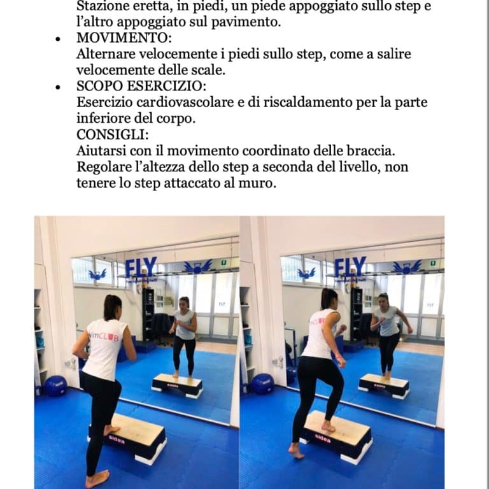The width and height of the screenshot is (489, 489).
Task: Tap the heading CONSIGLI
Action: point(111,134)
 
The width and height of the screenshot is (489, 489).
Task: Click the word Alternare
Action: point(106,54)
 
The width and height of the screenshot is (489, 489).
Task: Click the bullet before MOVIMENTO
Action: point(58,39)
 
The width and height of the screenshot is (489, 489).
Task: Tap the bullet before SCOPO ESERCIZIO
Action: point(58,87)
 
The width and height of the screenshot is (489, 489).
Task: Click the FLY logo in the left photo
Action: point(141,267)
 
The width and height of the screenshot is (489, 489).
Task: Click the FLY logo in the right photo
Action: point(350,267)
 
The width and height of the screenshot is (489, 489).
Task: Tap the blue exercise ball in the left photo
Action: point(55,386)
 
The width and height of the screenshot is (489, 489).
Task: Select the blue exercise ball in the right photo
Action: point(262,383)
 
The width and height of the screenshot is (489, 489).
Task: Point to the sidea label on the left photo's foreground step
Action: point(117,440)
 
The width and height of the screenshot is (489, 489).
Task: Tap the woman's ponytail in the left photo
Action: point(111,307)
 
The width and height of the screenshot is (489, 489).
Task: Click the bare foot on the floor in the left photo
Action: point(97,479)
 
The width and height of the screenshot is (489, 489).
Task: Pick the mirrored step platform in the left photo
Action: point(177,386)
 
